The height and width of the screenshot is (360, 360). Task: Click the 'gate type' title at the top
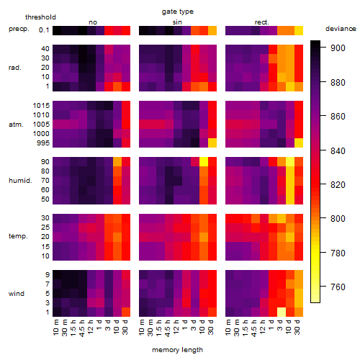(x=178, y=12)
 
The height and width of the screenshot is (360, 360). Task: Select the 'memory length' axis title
(x=177, y=350)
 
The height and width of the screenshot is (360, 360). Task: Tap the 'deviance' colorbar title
(x=341, y=29)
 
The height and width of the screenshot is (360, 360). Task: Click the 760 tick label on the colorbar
(x=338, y=287)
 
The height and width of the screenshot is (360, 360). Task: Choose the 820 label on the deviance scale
(x=338, y=185)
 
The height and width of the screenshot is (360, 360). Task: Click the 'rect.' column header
(x=261, y=22)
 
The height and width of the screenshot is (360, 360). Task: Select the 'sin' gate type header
(x=177, y=22)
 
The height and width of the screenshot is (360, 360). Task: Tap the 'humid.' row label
(x=20, y=181)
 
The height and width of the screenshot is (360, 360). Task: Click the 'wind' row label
(x=17, y=294)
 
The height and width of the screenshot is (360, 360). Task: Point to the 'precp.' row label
(x=19, y=29)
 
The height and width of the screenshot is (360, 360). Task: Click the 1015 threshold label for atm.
(x=41, y=105)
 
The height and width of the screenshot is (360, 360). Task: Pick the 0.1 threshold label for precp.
(x=44, y=30)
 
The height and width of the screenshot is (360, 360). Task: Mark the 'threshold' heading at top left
(x=40, y=17)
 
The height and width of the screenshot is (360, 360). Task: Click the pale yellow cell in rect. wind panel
(x=282, y=312)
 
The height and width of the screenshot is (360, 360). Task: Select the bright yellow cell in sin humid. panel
(x=204, y=162)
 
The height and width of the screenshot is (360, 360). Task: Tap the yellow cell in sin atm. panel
(x=212, y=143)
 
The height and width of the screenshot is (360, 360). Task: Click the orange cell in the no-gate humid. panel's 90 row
(x=117, y=162)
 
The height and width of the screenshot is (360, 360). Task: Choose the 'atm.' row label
(x=16, y=125)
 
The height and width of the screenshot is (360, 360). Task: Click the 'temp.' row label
(x=18, y=236)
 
